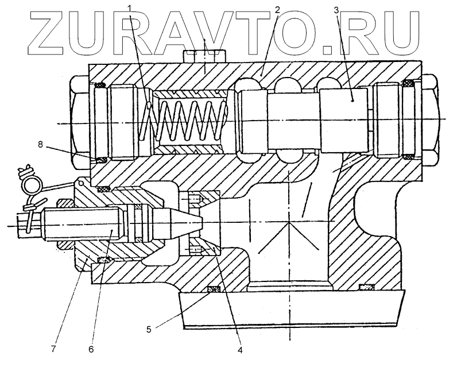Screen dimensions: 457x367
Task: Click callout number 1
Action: (131, 10)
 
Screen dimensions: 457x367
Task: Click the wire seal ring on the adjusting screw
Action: (30, 183)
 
